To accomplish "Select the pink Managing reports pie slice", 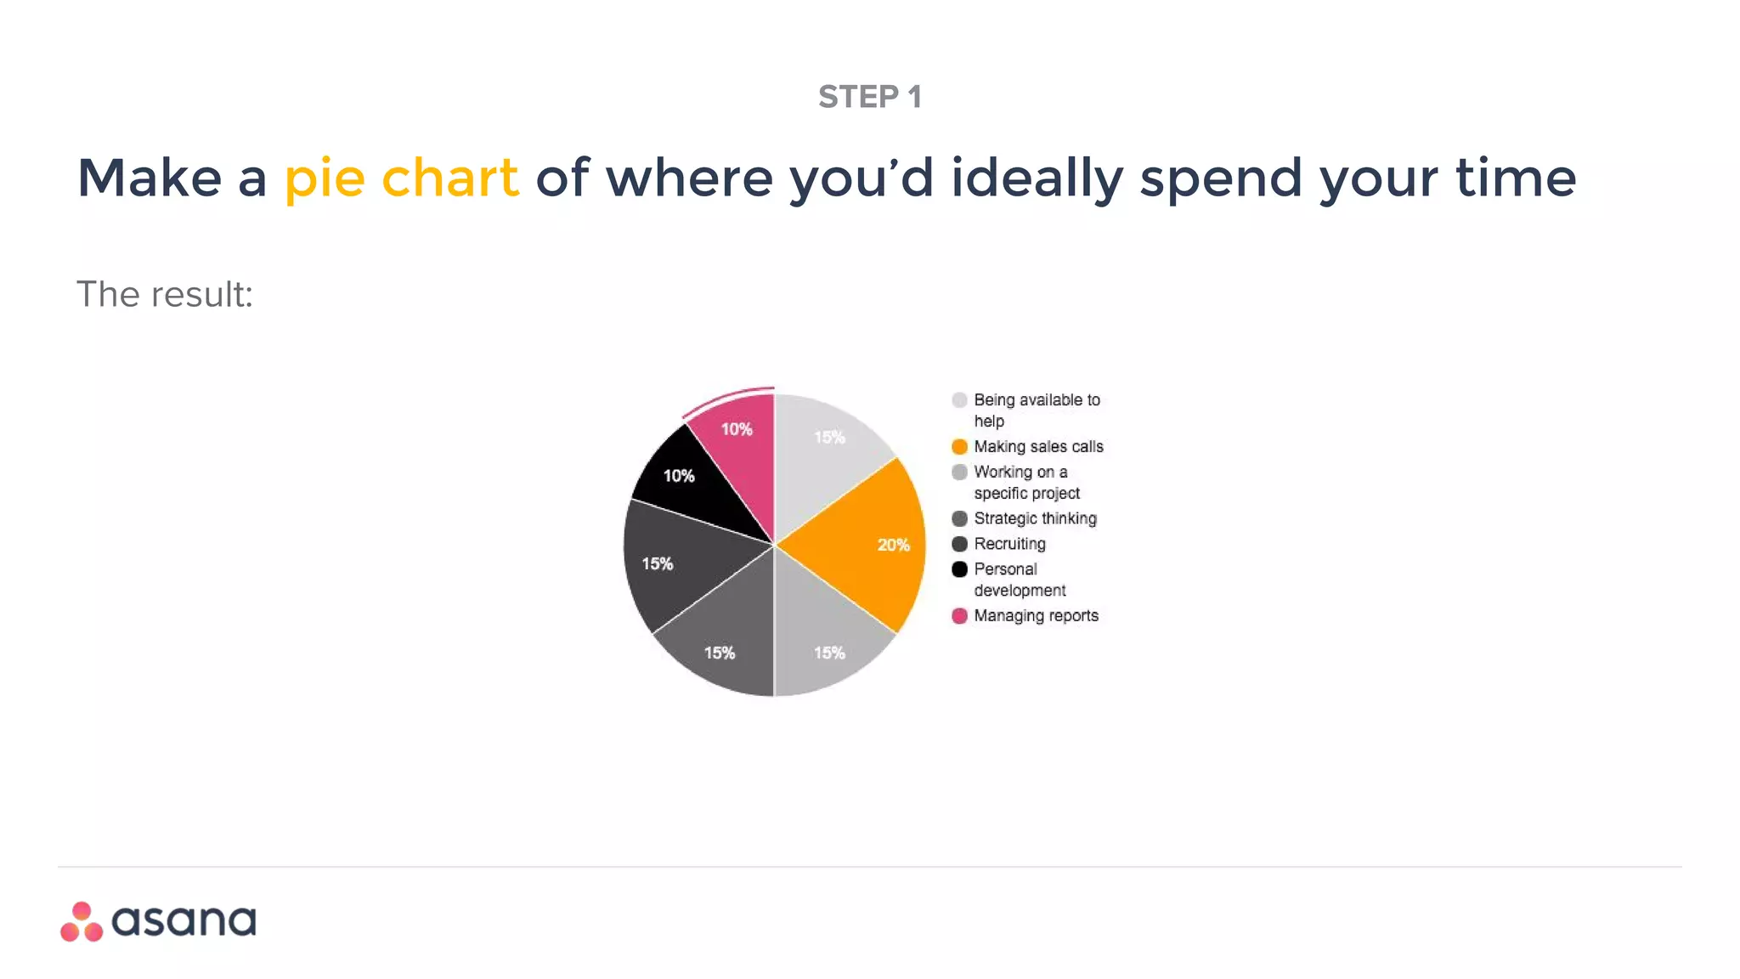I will (x=738, y=459).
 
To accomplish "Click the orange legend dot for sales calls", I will (x=959, y=447).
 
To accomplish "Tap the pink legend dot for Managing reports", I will (x=959, y=616).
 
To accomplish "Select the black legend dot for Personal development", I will (x=959, y=569).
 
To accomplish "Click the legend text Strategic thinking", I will (x=1035, y=518).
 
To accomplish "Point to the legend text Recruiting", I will (x=1009, y=544).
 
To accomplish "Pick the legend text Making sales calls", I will (x=1038, y=447).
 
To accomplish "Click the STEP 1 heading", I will (x=869, y=97).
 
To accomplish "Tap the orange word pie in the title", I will (x=325, y=178).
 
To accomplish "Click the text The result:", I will (x=165, y=295).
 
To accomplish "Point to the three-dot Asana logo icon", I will (x=82, y=922).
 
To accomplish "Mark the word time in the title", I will (x=1516, y=178).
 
